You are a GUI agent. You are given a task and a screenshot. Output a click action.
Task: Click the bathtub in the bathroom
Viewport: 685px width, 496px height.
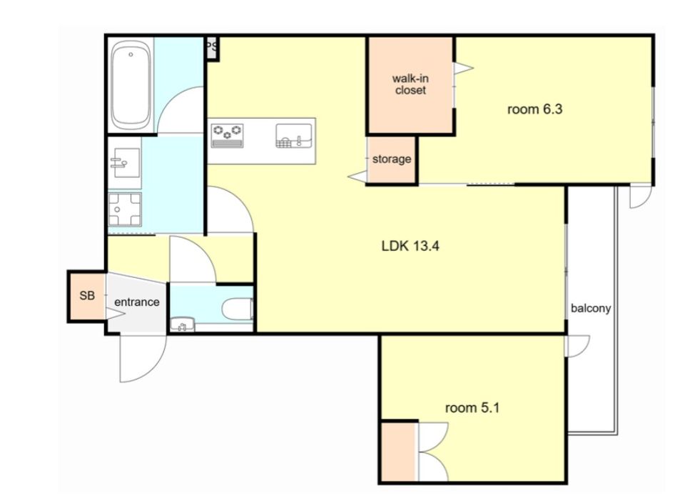coord(131,84)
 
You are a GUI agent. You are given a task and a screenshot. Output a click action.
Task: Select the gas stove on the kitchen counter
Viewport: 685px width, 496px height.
coord(227,135)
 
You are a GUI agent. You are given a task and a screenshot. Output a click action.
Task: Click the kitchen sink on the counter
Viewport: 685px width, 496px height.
coord(293,136)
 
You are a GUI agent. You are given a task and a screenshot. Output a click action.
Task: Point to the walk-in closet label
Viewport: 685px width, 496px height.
coord(410,84)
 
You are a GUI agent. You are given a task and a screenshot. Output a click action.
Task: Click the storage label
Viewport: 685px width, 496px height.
coord(392,159)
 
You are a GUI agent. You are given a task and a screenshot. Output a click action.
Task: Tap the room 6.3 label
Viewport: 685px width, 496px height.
coord(534,109)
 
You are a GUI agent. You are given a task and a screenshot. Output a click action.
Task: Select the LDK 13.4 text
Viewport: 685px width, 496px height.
coord(410,246)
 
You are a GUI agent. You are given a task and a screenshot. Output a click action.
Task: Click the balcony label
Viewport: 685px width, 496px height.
coord(591,308)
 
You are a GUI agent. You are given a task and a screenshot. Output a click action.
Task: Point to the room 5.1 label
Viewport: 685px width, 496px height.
coord(472,408)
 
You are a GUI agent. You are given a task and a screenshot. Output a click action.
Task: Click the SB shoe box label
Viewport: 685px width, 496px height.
coord(87,296)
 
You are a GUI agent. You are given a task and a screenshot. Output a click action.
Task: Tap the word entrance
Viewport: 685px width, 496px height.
coord(137,302)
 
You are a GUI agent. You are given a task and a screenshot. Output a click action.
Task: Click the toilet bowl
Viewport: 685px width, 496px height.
coord(238,309)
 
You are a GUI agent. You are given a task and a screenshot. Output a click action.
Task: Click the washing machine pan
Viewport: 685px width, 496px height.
coord(125,209)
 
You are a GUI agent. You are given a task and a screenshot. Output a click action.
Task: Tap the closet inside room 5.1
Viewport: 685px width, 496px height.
coord(398,452)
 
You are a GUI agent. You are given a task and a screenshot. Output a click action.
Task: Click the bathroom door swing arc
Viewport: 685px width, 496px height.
coord(170,101)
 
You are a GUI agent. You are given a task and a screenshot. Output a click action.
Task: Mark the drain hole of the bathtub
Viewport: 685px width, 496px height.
coord(131,54)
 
